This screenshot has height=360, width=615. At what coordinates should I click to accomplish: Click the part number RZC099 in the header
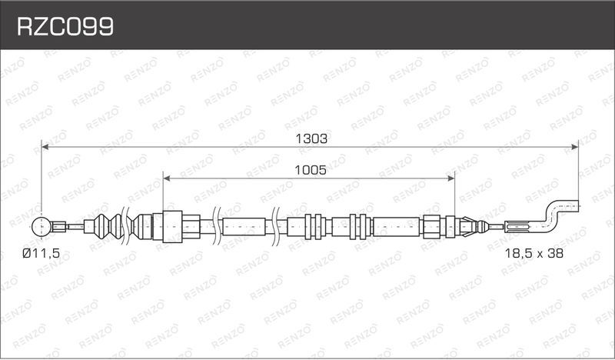tap(65, 27)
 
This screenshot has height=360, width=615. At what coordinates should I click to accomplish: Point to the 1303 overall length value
tap(311, 138)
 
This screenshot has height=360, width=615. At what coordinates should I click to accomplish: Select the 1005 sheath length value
tap(311, 170)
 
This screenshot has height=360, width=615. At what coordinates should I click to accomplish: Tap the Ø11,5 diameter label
tap(42, 254)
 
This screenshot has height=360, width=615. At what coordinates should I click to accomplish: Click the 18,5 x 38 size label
tap(534, 253)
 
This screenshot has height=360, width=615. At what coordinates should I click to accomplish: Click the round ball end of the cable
tap(42, 226)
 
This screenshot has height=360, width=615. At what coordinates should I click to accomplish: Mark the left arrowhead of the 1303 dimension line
tap(45, 147)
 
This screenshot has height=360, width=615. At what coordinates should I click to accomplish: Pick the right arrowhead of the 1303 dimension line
tap(574, 147)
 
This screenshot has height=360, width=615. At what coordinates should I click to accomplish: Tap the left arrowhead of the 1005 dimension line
tap(166, 178)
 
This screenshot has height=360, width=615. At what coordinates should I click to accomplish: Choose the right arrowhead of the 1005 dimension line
tap(450, 178)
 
